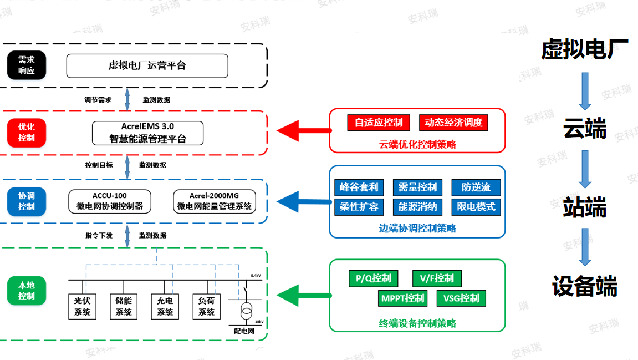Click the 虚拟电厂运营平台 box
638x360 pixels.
pyautogui.click(x=147, y=65)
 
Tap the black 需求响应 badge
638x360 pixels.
pyautogui.click(x=27, y=65)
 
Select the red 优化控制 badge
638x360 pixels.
pyautogui.click(x=27, y=133)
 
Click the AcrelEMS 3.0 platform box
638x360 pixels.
pyautogui.click(x=147, y=133)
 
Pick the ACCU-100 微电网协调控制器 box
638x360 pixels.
pyautogui.click(x=109, y=201)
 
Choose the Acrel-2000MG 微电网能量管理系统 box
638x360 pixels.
pyautogui.click(x=215, y=201)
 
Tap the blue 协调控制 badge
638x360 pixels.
pyautogui.click(x=27, y=201)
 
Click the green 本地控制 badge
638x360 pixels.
pyautogui.click(x=27, y=291)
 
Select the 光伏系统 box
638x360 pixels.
pyautogui.click(x=82, y=306)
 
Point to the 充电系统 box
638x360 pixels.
pyautogui.click(x=165, y=306)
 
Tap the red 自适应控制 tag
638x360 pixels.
pyautogui.click(x=379, y=123)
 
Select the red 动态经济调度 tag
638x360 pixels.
pyautogui.click(x=453, y=123)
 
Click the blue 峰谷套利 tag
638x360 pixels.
pyautogui.click(x=359, y=187)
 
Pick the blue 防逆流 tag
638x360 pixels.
pyautogui.click(x=476, y=187)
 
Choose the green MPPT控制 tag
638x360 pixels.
pyautogui.click(x=402, y=298)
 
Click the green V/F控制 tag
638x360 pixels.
pyautogui.click(x=437, y=278)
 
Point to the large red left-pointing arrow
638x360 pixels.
pyautogui.click(x=304, y=131)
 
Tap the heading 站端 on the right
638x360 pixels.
pyautogui.click(x=585, y=207)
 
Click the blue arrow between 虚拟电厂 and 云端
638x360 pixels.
pyautogui.click(x=585, y=91)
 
